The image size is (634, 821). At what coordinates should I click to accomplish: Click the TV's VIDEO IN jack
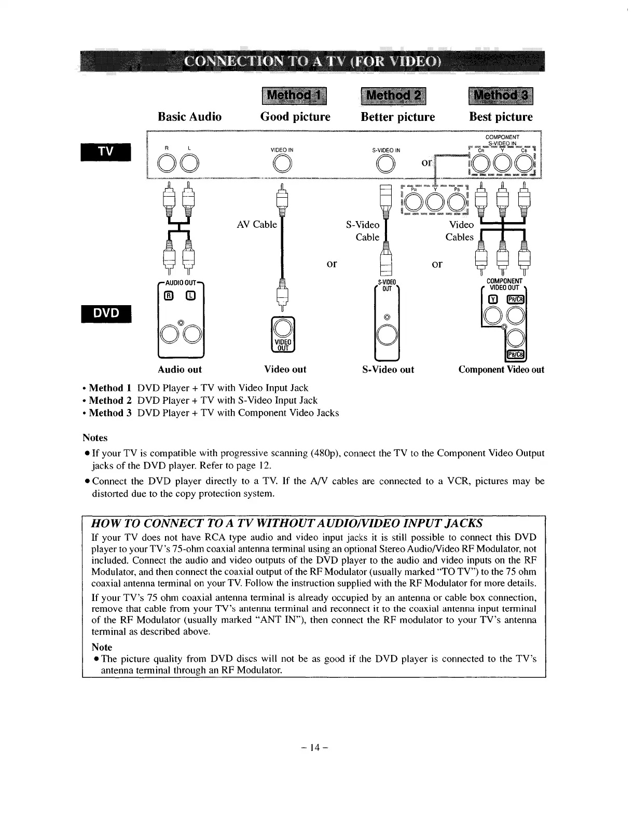(281, 165)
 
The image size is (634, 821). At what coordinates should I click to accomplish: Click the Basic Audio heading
(189, 117)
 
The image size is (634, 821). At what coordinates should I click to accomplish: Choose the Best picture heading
(501, 117)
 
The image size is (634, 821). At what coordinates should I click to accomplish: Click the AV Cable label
(257, 225)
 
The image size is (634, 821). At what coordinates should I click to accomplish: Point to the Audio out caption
(180, 370)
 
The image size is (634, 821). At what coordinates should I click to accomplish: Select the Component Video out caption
(501, 370)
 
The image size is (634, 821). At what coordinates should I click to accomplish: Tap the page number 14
(316, 748)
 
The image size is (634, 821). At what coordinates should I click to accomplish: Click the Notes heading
(95, 438)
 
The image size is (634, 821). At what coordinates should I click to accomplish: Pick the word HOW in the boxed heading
(105, 523)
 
